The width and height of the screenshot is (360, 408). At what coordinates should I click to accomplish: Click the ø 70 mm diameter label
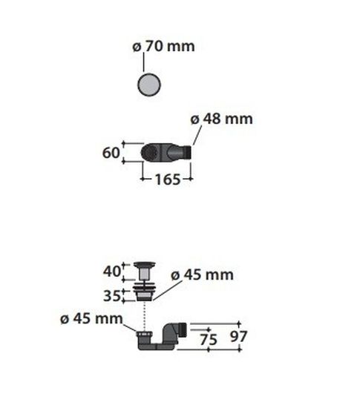163,46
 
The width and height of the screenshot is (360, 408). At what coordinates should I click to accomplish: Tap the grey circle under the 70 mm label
149,85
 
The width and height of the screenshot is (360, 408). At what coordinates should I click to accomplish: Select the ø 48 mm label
221,119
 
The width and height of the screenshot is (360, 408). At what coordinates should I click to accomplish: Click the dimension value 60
111,153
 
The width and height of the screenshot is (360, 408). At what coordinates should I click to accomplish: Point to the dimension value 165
168,180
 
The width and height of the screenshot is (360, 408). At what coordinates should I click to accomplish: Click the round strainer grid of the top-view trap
149,153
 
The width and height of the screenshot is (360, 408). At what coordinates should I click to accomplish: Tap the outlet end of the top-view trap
188,153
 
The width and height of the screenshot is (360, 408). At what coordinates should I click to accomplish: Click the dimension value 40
112,272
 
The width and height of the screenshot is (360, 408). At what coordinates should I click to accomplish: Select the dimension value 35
112,296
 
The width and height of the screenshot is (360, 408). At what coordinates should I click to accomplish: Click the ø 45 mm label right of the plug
202,274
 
